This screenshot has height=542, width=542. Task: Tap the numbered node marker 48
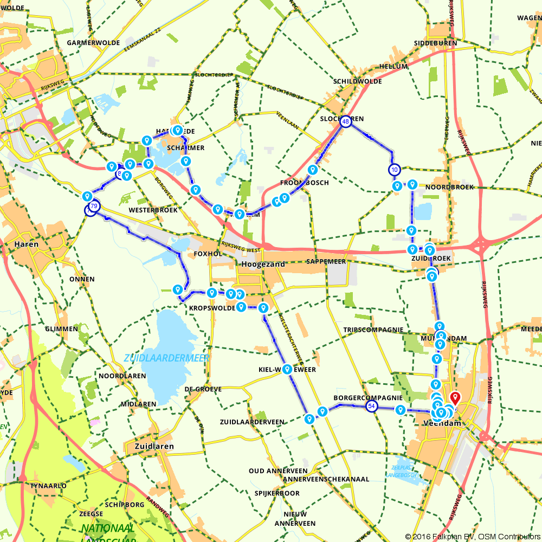345,122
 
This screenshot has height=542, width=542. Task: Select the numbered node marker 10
394,170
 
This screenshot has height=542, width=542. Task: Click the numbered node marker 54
371,406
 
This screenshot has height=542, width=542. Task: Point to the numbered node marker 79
95,206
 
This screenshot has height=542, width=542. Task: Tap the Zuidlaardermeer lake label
166,358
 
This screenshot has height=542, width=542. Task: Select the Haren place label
27,244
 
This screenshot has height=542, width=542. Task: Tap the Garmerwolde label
89,42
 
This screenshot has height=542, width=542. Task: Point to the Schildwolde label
358,81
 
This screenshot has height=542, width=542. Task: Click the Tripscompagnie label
373,330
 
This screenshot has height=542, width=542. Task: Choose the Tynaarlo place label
49,486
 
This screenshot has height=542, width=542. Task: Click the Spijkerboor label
277,493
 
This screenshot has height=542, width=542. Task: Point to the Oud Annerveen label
278,470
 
